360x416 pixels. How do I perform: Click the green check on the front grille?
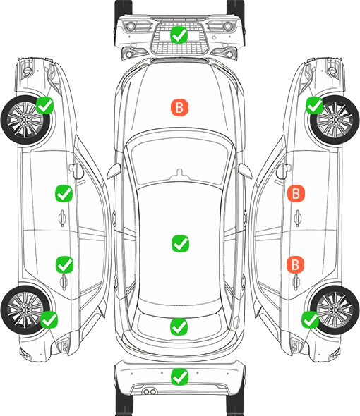pyautogui.click(x=179, y=35)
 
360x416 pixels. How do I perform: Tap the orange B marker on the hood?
pyautogui.click(x=179, y=107)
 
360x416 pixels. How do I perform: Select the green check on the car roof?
pyautogui.click(x=180, y=243)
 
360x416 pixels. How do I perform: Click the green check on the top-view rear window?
pyautogui.click(x=179, y=326)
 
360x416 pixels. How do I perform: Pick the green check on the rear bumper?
pyautogui.click(x=179, y=377)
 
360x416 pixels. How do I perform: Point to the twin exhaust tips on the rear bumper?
pyautogui.click(x=150, y=391)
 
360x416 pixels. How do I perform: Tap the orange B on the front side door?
pyautogui.click(x=296, y=193)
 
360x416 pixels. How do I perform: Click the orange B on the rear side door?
pyautogui.click(x=295, y=264)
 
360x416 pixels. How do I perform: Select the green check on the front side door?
pyautogui.click(x=64, y=193)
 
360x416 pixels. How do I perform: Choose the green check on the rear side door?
pyautogui.click(x=64, y=264)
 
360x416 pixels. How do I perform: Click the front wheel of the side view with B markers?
pyautogui.click(x=335, y=120)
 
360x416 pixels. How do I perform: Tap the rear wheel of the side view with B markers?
pyautogui.click(x=335, y=310)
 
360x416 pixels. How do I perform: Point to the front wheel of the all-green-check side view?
pyautogui.click(x=25, y=120)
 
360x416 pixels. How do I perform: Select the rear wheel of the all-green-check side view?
pyautogui.click(x=25, y=310)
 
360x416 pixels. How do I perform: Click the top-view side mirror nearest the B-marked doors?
pyautogui.click(x=245, y=171)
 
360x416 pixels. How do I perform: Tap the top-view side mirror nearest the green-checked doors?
pyautogui.click(x=114, y=171)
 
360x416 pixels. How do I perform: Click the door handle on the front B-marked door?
pyautogui.click(x=297, y=218)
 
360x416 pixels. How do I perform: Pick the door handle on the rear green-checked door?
pyautogui.click(x=64, y=282)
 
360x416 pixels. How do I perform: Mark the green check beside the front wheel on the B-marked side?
pyautogui.click(x=315, y=105)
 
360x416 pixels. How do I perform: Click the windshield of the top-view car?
pyautogui.click(x=179, y=159)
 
